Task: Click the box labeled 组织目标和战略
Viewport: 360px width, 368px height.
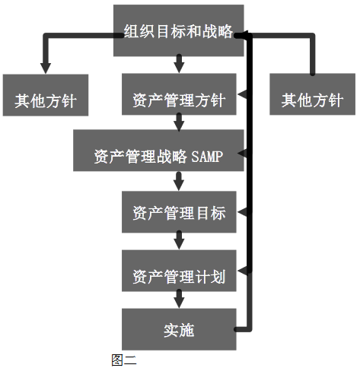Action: [x=179, y=30]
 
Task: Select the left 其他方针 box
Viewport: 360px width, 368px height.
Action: [x=46, y=95]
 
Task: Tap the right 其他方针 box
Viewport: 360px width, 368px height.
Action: [x=312, y=94]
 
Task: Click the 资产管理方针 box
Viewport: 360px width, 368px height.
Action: [x=179, y=94]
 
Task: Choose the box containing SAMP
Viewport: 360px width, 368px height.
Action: [x=158, y=151]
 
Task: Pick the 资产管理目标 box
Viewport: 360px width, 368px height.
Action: [x=179, y=212]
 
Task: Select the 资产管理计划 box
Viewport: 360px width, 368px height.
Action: [x=179, y=271]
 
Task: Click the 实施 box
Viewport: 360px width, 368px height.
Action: [x=179, y=329]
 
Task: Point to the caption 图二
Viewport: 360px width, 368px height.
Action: [x=124, y=360]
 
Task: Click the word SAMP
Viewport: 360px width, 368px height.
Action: [x=207, y=157]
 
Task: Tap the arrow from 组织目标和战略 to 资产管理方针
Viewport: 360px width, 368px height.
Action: [x=179, y=63]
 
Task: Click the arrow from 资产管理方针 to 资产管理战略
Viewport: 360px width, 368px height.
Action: [x=179, y=122]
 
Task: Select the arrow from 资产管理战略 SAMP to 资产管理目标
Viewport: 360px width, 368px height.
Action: [x=179, y=181]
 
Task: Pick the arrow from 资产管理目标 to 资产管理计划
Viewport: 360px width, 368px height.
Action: [x=179, y=240]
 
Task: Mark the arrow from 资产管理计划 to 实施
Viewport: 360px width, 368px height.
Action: [x=179, y=299]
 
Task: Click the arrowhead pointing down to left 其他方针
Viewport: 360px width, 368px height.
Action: [x=46, y=68]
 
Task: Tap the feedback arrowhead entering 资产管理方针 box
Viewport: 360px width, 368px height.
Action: [x=242, y=94]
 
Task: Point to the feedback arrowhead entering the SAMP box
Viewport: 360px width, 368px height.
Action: [x=242, y=154]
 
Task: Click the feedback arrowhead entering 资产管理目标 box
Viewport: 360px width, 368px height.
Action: [x=242, y=212]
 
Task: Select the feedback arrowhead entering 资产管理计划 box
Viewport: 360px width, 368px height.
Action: [x=242, y=271]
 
